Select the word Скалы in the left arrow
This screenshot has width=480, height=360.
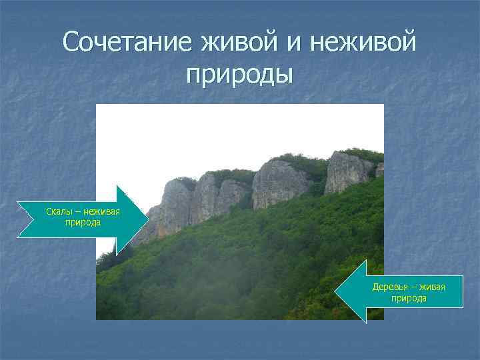[x=58, y=212]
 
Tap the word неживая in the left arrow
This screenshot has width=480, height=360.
[x=101, y=212]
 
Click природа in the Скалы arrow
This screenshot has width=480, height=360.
[x=83, y=222]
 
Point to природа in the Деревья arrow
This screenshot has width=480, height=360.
[x=409, y=297]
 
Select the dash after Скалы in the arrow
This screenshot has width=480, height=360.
[x=77, y=212]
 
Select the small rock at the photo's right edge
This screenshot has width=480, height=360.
[x=379, y=169]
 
